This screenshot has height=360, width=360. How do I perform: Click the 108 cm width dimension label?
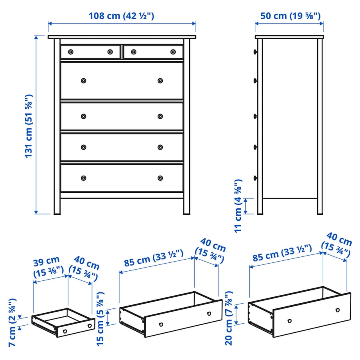121,16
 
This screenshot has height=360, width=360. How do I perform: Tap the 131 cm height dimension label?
29,126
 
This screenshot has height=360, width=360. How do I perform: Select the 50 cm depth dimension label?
290,16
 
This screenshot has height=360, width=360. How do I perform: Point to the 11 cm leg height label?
238,206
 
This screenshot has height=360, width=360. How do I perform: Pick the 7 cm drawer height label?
12,322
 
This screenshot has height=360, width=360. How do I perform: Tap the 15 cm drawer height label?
100,319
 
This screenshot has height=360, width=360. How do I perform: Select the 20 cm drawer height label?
229,318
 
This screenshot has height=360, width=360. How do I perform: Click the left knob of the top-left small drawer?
71,52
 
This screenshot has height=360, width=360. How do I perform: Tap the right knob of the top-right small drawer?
173,52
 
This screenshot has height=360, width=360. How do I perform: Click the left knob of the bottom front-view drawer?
84,178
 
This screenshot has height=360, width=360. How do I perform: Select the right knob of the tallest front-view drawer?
160,80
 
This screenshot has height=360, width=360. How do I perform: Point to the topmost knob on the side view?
255,52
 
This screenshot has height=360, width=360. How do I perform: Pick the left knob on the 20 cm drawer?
290,321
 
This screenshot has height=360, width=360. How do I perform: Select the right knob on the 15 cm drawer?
209,313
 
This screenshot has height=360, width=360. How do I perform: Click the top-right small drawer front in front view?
153,52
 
